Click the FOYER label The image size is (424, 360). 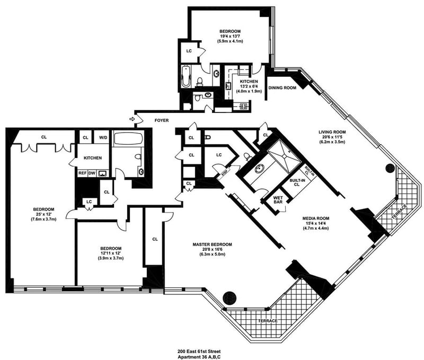[162, 121]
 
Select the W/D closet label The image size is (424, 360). [103, 138]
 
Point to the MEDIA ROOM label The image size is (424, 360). [317, 218]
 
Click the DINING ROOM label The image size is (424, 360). [282, 88]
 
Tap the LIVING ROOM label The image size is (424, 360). [332, 131]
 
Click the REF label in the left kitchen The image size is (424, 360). [83, 173]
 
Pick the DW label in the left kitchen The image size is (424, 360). [92, 173]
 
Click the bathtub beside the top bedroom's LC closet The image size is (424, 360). [185, 77]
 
